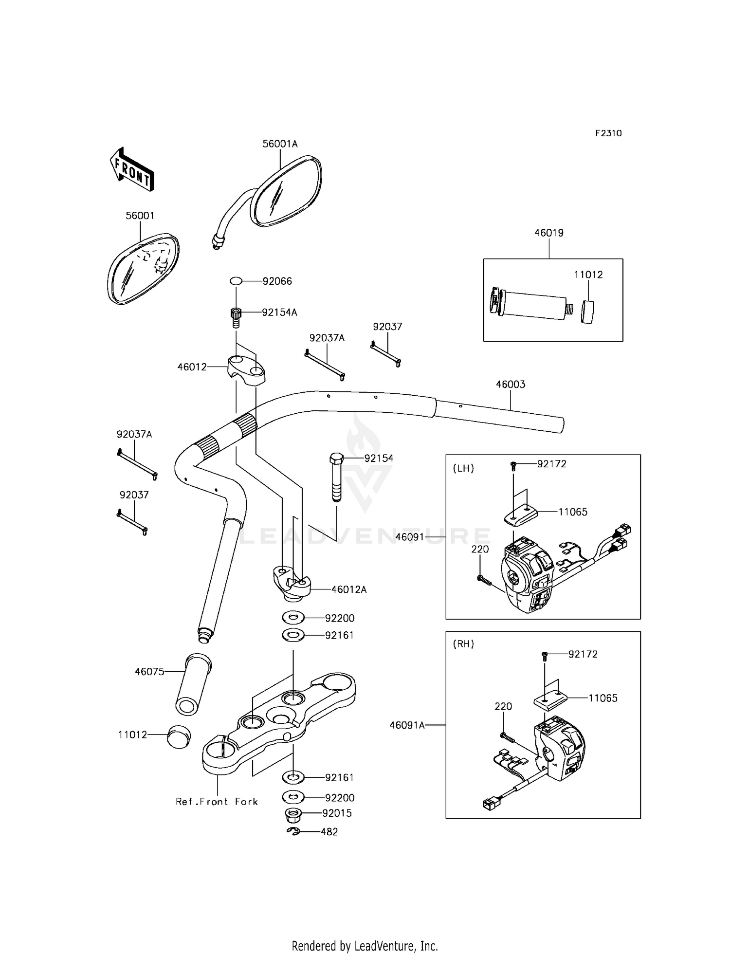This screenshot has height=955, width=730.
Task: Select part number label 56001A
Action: click(x=280, y=144)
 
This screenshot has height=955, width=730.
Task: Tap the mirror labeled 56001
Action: click(x=143, y=269)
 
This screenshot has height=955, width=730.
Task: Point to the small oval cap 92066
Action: click(x=236, y=281)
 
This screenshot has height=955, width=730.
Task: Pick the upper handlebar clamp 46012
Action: click(x=246, y=370)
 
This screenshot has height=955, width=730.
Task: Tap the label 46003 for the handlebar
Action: click(x=511, y=384)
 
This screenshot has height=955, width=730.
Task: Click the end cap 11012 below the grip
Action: click(x=179, y=736)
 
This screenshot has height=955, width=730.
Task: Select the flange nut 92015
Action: click(x=293, y=813)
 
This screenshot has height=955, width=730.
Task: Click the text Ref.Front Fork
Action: click(x=217, y=802)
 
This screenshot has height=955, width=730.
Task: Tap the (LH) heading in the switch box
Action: click(x=463, y=468)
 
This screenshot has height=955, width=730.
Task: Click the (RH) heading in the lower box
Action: click(x=463, y=644)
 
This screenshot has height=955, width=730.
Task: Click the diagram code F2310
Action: click(x=608, y=133)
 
